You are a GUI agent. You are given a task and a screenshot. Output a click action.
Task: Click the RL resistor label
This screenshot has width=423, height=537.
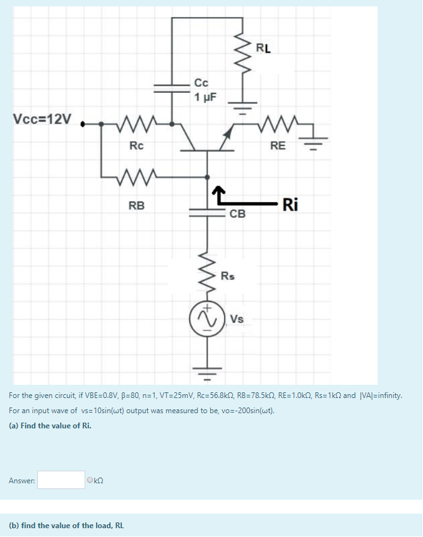pyautogui.click(x=263, y=48)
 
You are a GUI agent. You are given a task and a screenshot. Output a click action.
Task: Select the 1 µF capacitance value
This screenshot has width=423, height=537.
pyautogui.click(x=206, y=97)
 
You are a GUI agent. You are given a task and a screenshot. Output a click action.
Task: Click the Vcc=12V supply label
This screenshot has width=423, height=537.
pyautogui.click(x=42, y=119)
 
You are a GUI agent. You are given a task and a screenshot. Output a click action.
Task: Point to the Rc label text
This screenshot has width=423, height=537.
pyautogui.click(x=136, y=146)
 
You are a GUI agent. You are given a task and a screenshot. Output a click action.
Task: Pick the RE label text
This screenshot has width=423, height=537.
pyautogui.click(x=278, y=147)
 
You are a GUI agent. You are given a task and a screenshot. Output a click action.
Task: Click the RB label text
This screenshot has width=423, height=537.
pyautogui.click(x=136, y=205)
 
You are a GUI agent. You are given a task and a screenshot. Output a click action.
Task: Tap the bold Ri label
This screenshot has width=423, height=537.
pyautogui.click(x=291, y=204)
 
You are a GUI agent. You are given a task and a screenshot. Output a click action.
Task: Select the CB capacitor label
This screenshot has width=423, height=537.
pyautogui.click(x=237, y=214)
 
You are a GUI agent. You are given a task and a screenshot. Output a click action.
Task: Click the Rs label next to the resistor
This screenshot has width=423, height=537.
pyautogui.click(x=227, y=276)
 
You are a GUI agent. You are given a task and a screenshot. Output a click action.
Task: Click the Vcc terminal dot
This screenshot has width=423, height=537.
pyautogui.click(x=83, y=124)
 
